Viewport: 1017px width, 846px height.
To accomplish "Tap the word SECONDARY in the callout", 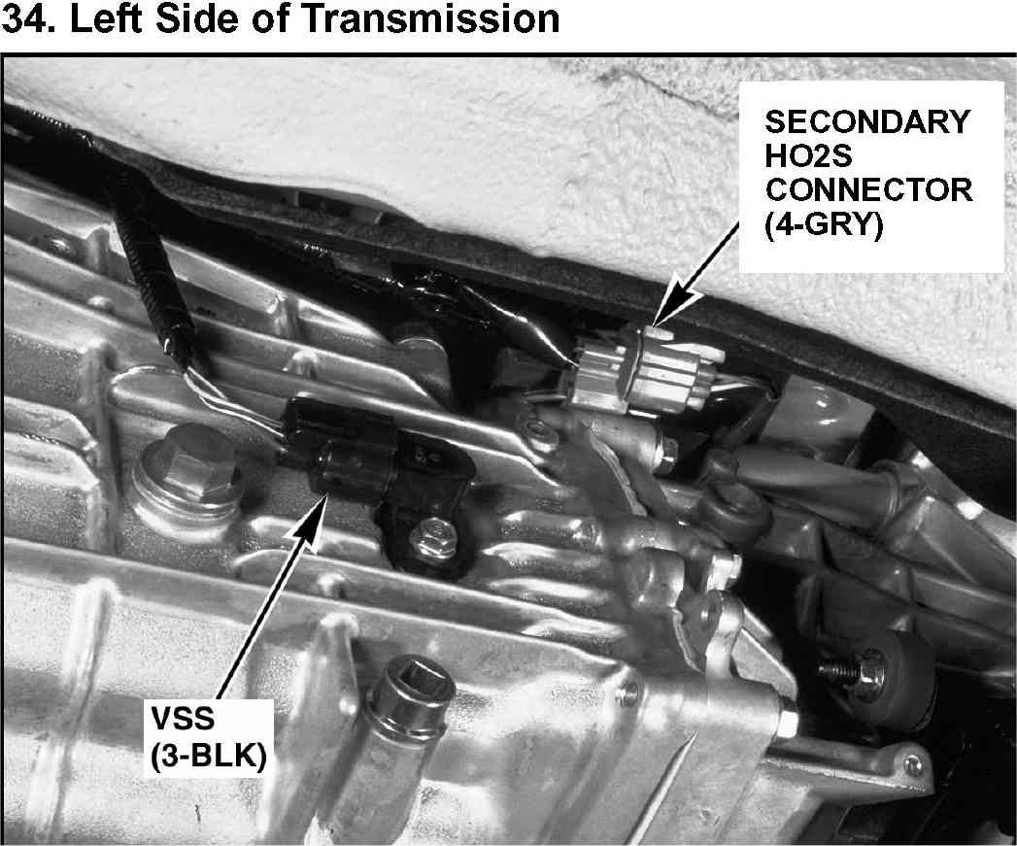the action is (867, 121).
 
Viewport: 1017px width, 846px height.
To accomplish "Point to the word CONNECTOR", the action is (868, 190).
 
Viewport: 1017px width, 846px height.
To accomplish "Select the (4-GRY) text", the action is (824, 225).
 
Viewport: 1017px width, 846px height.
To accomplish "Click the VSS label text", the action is (183, 719).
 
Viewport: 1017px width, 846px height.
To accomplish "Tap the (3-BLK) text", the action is (208, 755).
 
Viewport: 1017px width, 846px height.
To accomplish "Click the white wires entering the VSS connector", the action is (233, 405).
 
